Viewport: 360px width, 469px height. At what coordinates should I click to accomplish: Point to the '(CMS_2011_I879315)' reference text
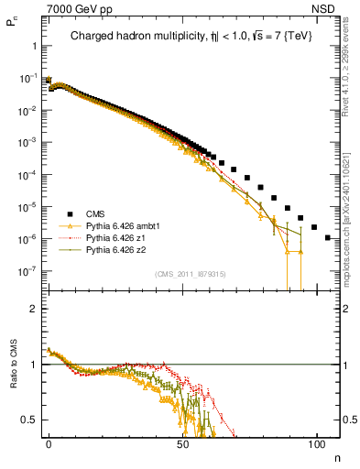point(191,274)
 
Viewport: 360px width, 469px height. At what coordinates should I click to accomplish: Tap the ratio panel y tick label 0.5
point(30,420)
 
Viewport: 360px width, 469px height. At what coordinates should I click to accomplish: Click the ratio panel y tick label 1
point(34,365)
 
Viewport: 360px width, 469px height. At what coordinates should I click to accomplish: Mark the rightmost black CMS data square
point(328,238)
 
